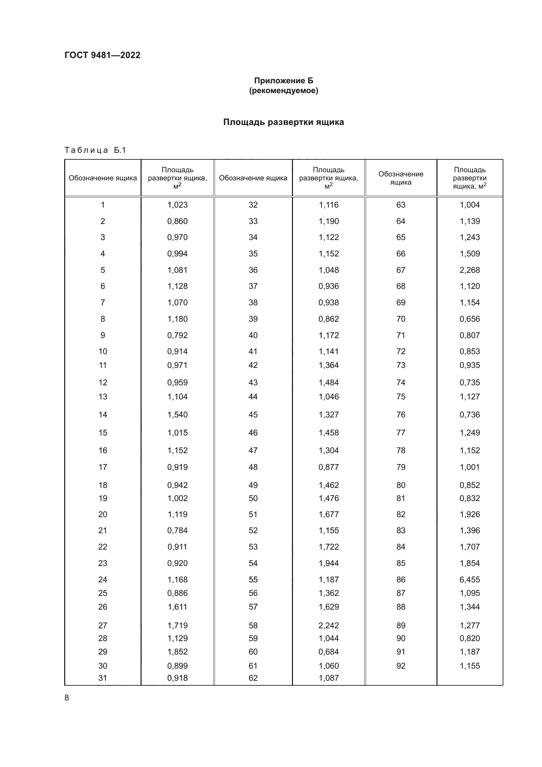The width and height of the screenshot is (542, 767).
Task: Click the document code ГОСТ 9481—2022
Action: [x=103, y=55]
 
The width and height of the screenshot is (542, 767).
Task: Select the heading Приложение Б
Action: [x=283, y=81]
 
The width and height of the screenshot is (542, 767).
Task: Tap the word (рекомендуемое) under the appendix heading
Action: [x=283, y=91]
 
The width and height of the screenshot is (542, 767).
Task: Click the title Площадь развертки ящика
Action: [x=283, y=122]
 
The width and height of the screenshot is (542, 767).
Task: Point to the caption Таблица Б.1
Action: [x=95, y=150]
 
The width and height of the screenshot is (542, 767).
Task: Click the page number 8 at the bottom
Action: [x=67, y=697]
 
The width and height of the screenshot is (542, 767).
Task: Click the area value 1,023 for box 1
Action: [x=177, y=205]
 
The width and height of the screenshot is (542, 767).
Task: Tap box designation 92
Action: [x=400, y=666]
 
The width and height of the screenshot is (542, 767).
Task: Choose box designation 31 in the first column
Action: [x=103, y=678]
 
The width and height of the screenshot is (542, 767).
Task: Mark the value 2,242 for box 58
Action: [x=328, y=625]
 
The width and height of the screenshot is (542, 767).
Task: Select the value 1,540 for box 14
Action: [x=177, y=414]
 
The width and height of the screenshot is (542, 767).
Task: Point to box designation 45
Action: [x=253, y=414]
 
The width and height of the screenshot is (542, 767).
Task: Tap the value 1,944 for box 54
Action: [x=328, y=563]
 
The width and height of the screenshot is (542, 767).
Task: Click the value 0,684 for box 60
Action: [x=328, y=652]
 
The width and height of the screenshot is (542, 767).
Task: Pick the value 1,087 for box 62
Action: [x=328, y=678]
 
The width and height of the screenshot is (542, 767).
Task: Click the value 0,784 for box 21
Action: [x=177, y=530]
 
